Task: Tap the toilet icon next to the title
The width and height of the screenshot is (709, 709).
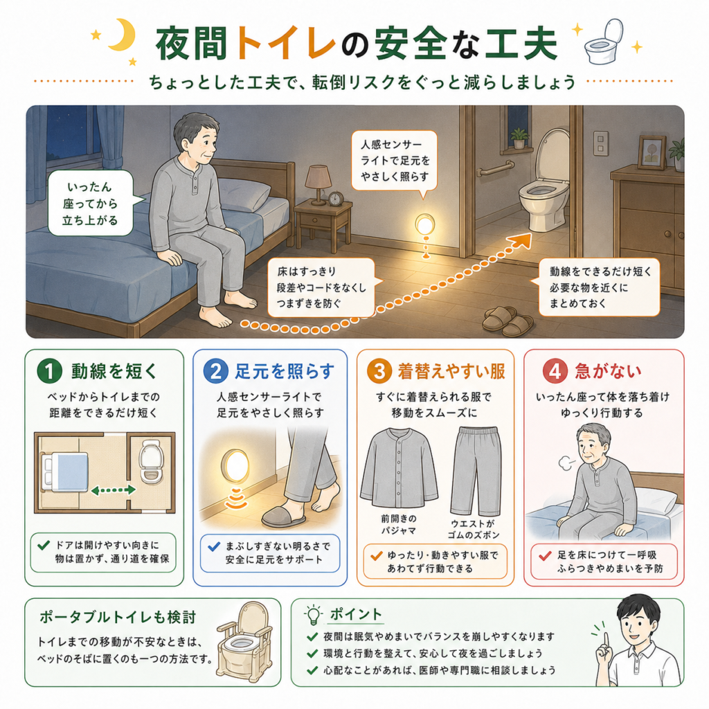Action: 604,41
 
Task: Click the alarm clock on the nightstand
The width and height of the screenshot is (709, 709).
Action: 335,199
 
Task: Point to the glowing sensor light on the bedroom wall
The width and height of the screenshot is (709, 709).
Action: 425,225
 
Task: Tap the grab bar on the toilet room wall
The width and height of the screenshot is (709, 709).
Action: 494,168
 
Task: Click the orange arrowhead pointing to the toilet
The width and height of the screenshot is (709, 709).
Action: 521,242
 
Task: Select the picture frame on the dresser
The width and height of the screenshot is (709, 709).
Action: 652,152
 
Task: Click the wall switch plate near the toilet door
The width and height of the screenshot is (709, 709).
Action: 600,143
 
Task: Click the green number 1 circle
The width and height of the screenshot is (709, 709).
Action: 49,371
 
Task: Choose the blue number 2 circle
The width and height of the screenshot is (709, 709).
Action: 216,371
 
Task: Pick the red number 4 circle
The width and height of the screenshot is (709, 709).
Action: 555,371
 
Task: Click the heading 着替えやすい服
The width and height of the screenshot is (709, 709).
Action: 451,371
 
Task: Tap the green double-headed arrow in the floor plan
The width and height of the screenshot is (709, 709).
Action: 114,490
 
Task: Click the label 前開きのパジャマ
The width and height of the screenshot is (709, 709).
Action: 398,525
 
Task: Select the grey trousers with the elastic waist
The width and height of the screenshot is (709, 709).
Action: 476,471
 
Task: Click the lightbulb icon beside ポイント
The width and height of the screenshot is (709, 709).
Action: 313,615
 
